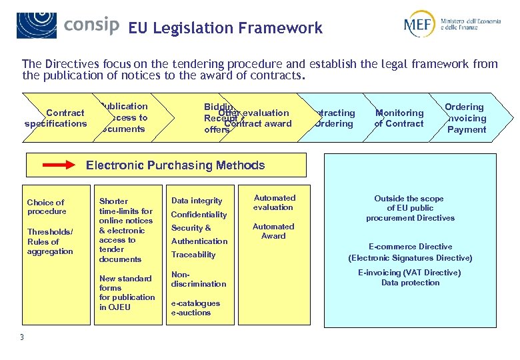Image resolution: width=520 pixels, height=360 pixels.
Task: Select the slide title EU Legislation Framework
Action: click(225, 28)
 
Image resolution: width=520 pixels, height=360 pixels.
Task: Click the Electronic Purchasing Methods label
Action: click(175, 165)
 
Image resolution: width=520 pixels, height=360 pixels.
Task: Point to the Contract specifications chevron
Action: click(56, 118)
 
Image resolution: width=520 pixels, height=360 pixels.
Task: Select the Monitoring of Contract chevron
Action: click(399, 118)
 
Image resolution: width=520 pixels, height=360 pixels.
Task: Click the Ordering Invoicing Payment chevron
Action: click(465, 118)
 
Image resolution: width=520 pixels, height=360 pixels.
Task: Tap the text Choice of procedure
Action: click(46, 207)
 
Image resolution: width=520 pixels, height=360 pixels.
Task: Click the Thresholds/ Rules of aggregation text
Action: click(49, 241)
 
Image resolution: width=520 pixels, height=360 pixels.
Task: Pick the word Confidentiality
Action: click(199, 215)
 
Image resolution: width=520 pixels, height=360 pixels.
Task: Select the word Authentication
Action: click(199, 241)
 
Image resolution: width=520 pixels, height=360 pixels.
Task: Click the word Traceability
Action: click(193, 255)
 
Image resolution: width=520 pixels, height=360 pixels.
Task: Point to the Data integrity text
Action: click(197, 201)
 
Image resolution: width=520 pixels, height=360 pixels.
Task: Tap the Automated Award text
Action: click(273, 231)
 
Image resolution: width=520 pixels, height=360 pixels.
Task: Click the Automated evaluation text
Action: click(274, 203)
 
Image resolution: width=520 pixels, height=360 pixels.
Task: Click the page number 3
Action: click(21, 337)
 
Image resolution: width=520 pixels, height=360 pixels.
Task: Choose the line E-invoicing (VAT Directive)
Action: click(409, 273)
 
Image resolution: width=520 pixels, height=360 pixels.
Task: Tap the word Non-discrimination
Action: click(198, 279)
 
